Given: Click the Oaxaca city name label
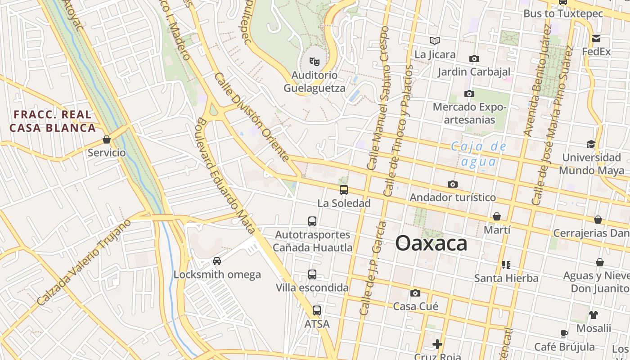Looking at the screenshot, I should [431, 243].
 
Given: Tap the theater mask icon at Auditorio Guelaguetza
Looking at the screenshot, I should [314, 60].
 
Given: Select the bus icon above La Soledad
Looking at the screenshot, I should [344, 189].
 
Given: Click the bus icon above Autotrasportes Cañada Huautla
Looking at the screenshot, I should [312, 221].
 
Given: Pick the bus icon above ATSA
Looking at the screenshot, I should [317, 310].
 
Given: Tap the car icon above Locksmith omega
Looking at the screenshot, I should [217, 261].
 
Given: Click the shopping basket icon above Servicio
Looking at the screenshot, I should [107, 139].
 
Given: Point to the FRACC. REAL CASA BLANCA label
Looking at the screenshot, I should [53, 121].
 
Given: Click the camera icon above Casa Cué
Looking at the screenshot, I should [415, 293].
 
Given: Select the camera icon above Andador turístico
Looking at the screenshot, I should [453, 184].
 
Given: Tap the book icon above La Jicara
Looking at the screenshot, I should [434, 41].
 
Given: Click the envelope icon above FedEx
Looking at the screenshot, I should [596, 38].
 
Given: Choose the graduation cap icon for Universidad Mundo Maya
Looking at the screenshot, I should [591, 144].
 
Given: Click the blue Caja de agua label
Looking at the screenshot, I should [479, 154].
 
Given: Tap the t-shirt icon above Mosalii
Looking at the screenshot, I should [594, 315].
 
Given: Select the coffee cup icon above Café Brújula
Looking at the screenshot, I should [564, 333].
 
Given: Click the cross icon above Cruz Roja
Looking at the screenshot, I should [437, 344].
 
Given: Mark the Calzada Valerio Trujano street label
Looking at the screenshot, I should [84, 262].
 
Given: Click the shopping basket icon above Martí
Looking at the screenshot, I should [497, 216].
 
